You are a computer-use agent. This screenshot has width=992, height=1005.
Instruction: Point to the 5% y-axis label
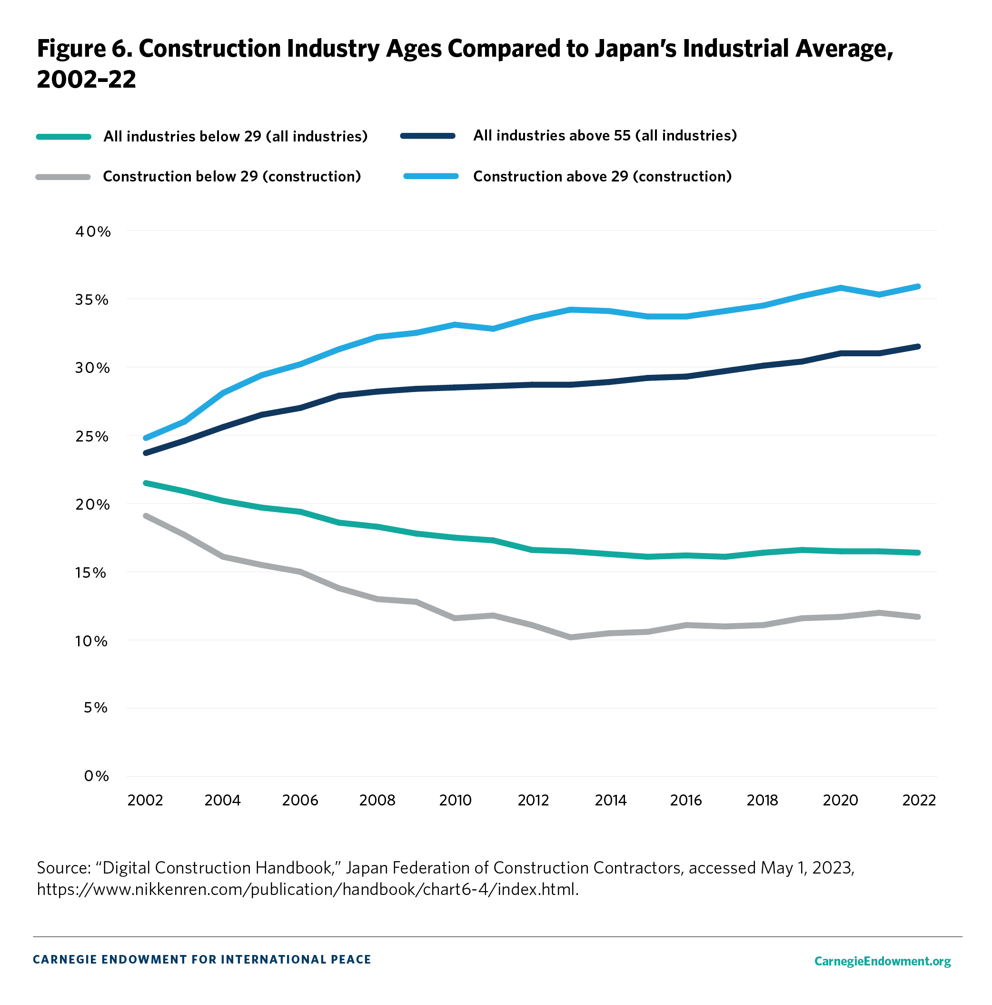coord(96,707)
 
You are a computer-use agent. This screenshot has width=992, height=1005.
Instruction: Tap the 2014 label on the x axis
coord(610,800)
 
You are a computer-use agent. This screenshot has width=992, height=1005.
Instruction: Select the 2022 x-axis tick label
coord(919,800)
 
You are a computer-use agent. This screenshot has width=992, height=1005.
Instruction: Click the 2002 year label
coord(145,800)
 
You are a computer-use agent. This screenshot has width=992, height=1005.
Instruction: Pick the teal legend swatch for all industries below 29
coord(63,137)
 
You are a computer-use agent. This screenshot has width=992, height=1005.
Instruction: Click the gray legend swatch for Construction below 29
coord(63,177)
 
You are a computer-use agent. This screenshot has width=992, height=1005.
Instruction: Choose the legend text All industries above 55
coord(605,136)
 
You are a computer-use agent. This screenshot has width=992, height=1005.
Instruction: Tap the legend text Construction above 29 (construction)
coord(602,177)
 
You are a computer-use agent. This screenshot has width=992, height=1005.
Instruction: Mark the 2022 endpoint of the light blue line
coord(918,287)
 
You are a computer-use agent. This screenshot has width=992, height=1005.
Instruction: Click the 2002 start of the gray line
coord(146,516)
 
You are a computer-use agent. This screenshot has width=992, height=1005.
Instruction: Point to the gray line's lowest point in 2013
coord(571,637)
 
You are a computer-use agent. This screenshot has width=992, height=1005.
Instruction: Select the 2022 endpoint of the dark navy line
coord(918,346)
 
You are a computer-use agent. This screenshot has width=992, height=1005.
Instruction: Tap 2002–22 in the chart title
coord(86,80)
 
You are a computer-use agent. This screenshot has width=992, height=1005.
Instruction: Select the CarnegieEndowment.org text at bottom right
coord(883,961)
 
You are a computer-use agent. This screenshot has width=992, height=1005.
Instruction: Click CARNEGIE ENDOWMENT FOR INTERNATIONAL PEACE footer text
coord(202,959)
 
